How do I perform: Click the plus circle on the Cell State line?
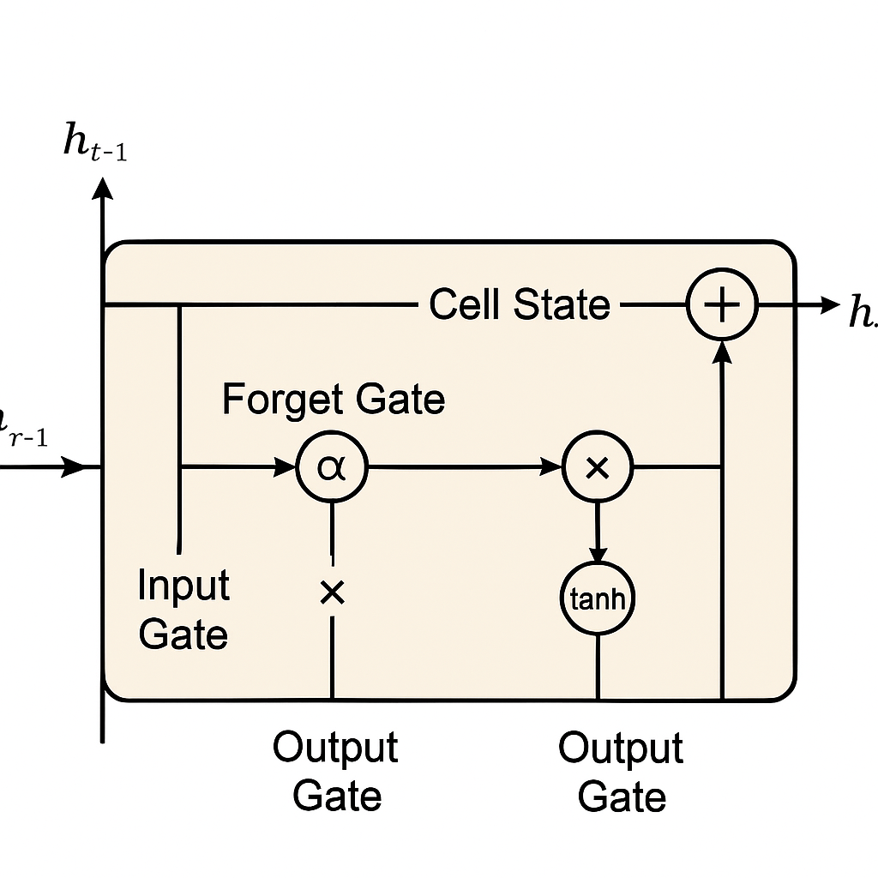point(722,304)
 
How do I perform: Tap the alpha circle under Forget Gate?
point(332,467)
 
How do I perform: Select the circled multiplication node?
point(598,467)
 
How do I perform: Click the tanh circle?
point(598,599)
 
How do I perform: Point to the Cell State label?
point(519,304)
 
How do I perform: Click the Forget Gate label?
point(334,400)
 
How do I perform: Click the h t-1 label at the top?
point(94,142)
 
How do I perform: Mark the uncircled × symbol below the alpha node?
point(332,592)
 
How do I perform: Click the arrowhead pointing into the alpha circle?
point(285,467)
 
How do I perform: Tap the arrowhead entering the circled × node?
point(551,467)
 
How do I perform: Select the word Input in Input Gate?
point(183,586)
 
